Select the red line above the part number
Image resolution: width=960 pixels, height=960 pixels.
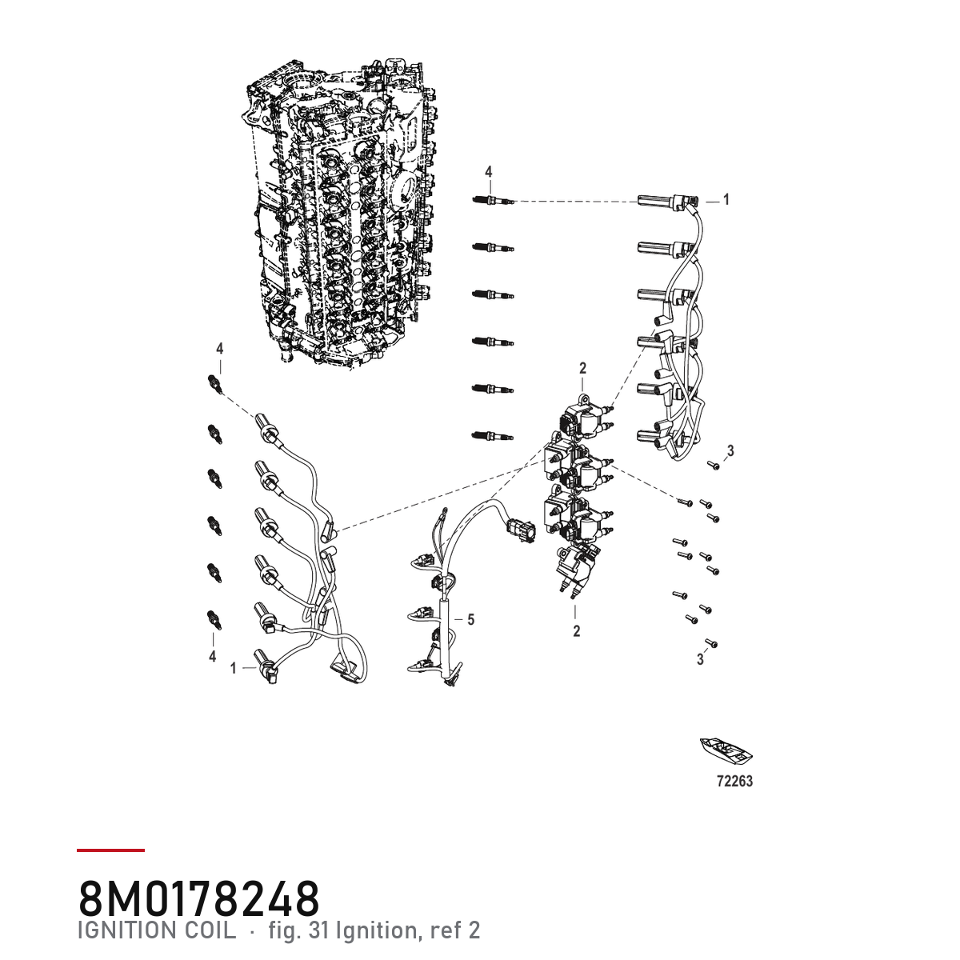110,850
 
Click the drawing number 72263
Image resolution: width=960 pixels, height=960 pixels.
735,781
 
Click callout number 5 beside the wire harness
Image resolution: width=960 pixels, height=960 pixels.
470,620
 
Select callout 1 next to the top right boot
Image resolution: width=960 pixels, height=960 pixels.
726,200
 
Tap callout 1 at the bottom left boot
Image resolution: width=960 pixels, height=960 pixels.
233,668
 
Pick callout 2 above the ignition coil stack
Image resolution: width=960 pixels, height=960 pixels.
583,368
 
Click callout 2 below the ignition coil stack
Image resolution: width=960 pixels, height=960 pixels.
577,631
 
